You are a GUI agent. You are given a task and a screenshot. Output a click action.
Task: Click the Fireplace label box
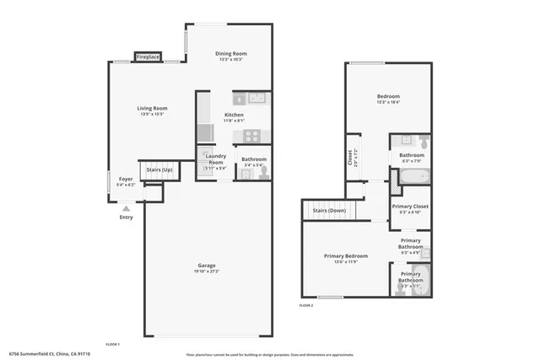click(148, 57)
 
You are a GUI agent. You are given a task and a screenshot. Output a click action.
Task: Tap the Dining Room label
click(231, 54)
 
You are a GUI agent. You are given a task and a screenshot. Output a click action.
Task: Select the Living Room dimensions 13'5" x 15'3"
click(152, 114)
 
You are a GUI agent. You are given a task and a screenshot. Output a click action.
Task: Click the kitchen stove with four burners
click(252, 135)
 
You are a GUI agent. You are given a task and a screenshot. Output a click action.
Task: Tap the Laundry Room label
click(215, 159)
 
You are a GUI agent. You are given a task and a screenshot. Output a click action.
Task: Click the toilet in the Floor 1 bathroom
click(263, 172)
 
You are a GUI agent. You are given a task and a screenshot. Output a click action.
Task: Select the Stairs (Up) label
click(160, 169)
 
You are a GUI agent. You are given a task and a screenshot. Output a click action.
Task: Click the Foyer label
click(125, 179)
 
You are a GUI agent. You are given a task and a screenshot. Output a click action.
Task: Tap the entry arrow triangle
click(126, 207)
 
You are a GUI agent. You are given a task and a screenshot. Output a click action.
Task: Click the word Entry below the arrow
click(126, 217)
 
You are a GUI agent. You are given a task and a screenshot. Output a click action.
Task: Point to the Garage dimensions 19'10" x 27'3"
click(206, 271)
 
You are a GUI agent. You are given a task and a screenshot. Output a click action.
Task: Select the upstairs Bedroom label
click(387, 96)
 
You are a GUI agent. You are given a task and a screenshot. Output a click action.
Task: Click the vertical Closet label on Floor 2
click(350, 158)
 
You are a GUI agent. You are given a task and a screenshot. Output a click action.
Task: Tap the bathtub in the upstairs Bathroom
click(412, 176)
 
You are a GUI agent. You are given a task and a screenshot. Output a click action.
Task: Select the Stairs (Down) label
click(330, 210)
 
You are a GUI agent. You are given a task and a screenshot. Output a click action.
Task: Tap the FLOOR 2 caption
click(306, 304)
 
